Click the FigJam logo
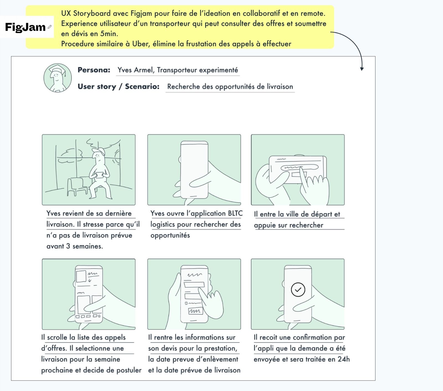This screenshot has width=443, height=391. pos(25,27)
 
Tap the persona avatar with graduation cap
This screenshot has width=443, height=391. pos(58,78)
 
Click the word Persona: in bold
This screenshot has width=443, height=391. pos(94,70)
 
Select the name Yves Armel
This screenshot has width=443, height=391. pos(135,70)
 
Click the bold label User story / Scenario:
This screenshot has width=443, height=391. pos(119,86)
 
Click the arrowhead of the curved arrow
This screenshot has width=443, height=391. pos(362,69)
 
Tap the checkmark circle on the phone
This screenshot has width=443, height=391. pos(298,290)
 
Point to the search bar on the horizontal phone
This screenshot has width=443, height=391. pos(299,167)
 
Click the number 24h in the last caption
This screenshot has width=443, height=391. pos(344,359)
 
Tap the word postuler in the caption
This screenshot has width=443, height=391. pos(129,370)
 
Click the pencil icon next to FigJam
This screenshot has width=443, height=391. pos(50,27)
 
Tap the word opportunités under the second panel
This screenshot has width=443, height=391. pos(170,236)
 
